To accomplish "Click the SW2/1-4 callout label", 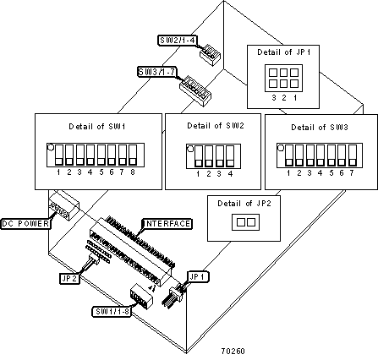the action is click(177, 40).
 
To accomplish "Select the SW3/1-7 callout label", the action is click(157, 72).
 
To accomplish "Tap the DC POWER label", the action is click(25, 224).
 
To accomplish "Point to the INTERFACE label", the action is click(167, 224).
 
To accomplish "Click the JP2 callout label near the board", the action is click(69, 279).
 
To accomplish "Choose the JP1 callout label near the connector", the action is click(198, 277).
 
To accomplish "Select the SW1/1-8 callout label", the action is click(112, 312).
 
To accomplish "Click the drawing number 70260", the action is click(233, 352).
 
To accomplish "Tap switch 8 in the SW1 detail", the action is click(133, 155).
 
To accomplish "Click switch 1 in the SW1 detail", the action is click(59, 155).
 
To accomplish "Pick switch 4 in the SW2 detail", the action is click(230, 156).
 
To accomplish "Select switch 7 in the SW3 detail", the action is click(353, 155).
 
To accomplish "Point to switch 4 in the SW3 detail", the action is click(320, 155).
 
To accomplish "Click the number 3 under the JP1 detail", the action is click(274, 98).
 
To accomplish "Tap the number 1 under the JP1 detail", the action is click(295, 98).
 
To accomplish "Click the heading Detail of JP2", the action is click(244, 204).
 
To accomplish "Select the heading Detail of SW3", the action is click(320, 128).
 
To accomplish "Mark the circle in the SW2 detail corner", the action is click(190, 149).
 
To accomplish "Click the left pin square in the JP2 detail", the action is click(241, 222).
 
